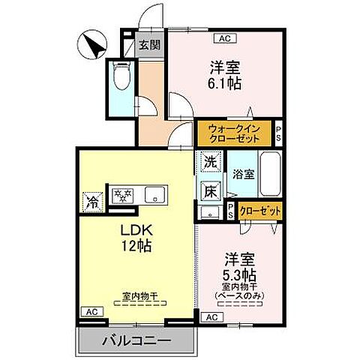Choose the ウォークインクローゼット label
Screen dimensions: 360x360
[x=234, y=134]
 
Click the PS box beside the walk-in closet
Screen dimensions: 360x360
[x=278, y=134]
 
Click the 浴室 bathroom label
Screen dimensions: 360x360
[x=243, y=174]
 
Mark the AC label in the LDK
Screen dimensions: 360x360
[x=89, y=310]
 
